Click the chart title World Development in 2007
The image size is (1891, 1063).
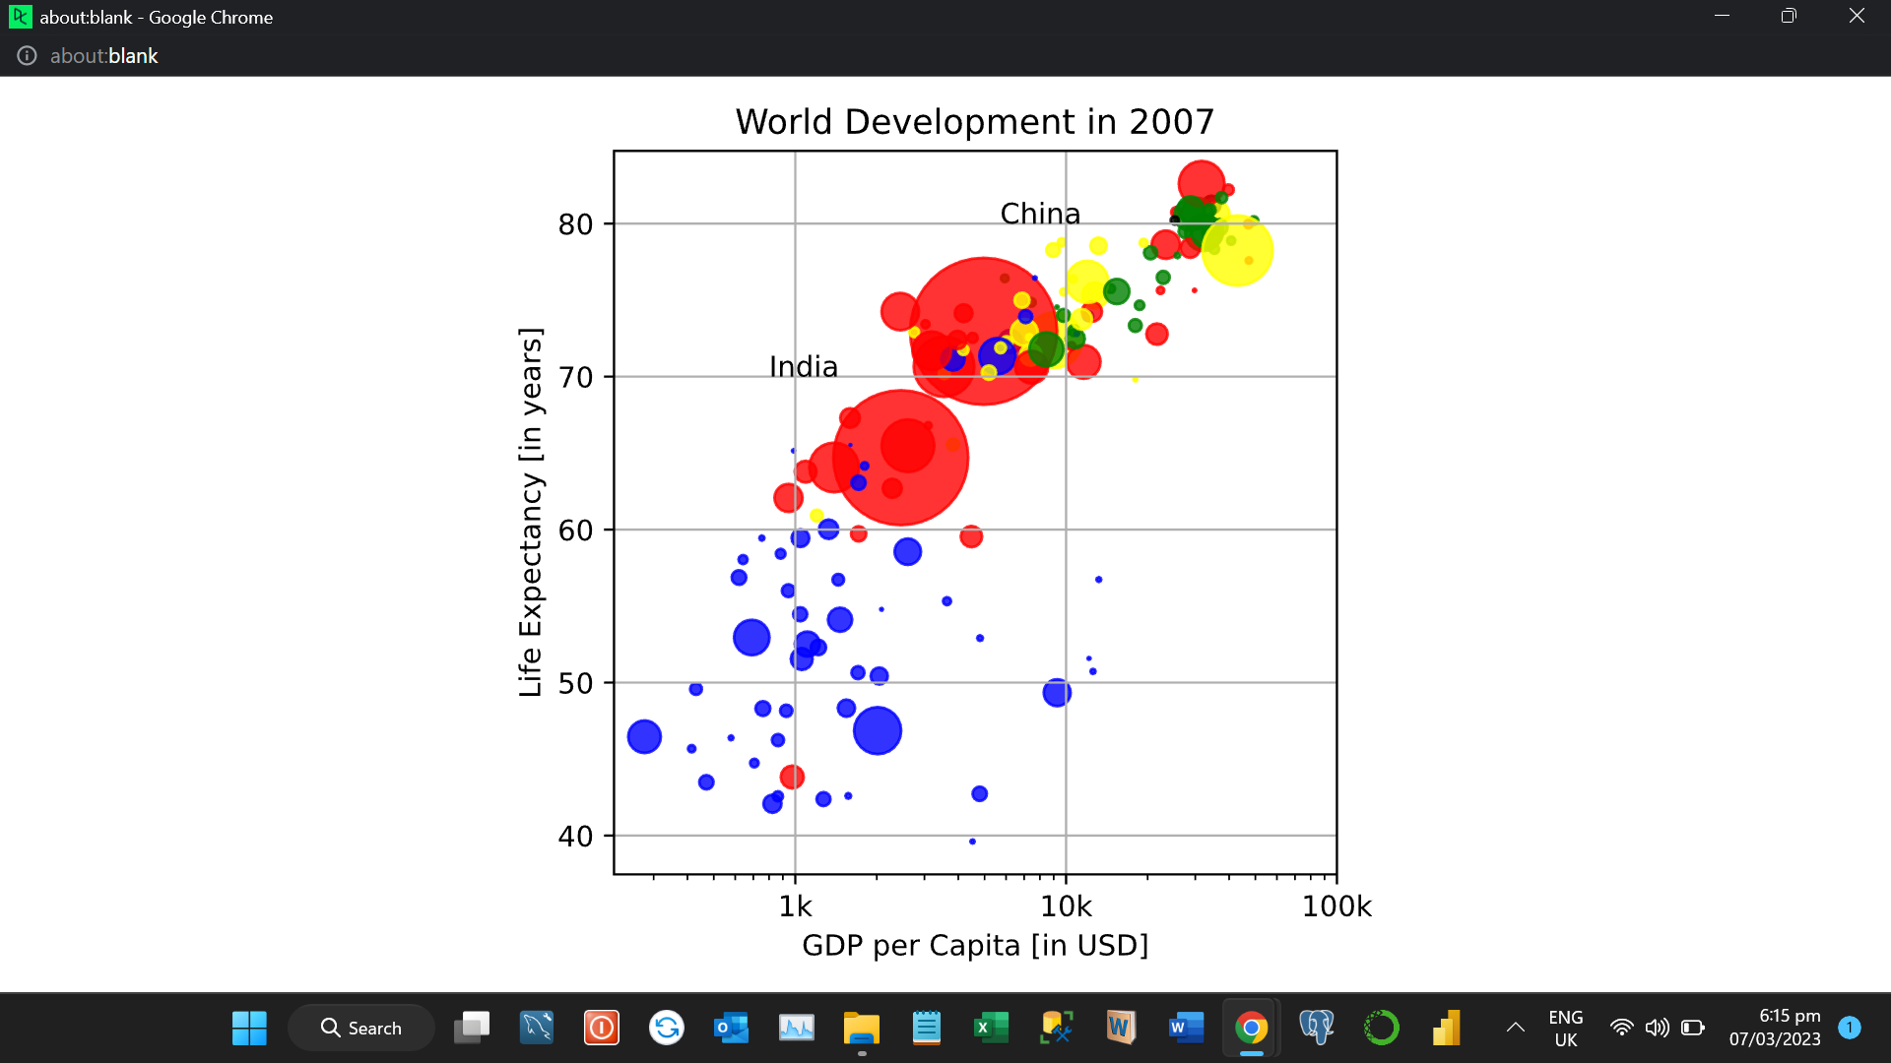click(x=974, y=122)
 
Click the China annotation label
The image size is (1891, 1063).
click(x=1040, y=214)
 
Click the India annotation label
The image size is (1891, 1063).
click(x=803, y=366)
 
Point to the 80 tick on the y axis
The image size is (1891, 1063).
click(x=575, y=224)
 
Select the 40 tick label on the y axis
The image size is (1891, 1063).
click(x=575, y=837)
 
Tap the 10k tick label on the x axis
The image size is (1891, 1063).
click(x=1066, y=907)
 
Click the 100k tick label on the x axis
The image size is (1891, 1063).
click(x=1336, y=907)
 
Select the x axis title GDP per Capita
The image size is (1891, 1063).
click(x=974, y=946)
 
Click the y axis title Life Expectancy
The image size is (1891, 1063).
click(x=531, y=512)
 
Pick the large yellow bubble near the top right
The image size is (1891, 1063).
click(x=1237, y=251)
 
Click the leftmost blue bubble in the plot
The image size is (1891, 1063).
click(x=644, y=736)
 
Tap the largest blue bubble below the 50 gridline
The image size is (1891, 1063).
click(x=877, y=730)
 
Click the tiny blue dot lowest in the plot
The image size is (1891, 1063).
click(x=972, y=842)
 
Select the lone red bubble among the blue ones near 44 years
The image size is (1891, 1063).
click(x=792, y=777)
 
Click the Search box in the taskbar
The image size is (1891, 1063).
click(x=361, y=1028)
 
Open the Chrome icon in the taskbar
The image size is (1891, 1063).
click(x=1251, y=1028)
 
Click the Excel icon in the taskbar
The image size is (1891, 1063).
click(x=991, y=1028)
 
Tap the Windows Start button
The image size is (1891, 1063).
click(x=249, y=1028)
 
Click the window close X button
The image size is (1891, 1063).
click(x=1856, y=16)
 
